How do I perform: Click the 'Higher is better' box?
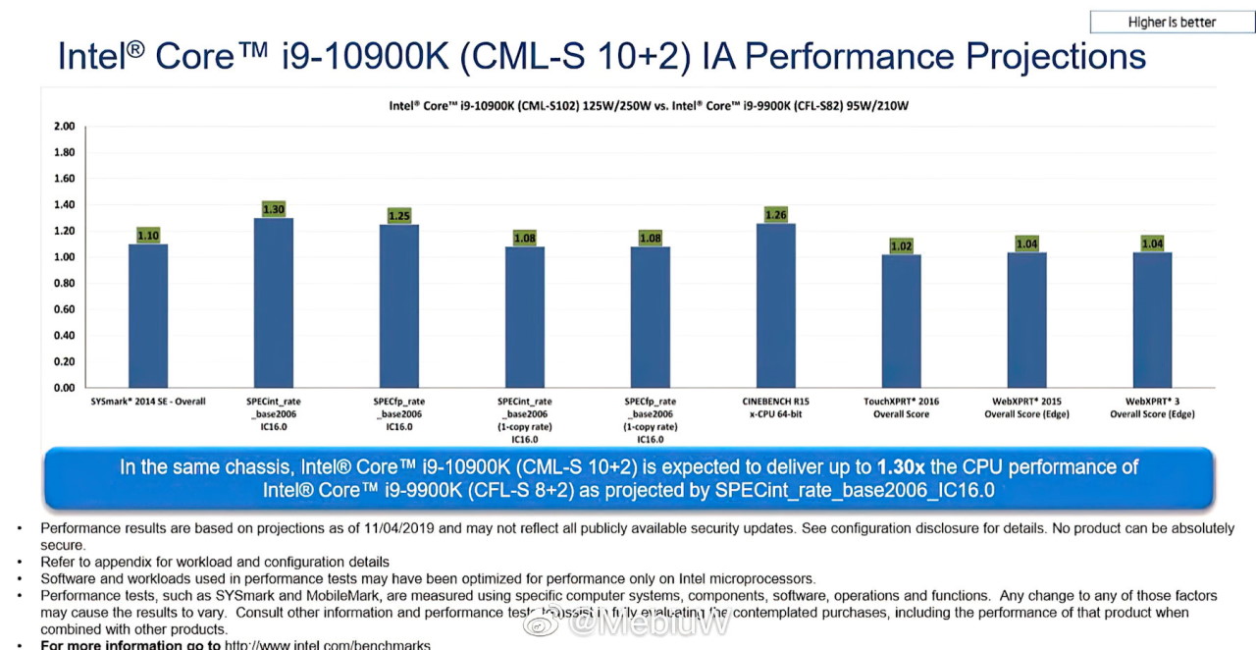1172,22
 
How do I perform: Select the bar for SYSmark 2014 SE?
148,315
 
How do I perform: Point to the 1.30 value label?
274,209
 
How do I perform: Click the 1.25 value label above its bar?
399,215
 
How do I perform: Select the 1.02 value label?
901,245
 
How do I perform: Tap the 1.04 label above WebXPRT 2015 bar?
1026,244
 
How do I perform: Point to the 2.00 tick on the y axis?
64,127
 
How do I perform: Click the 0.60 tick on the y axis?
64,309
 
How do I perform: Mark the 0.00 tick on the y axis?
64,388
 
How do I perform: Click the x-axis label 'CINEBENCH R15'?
775,402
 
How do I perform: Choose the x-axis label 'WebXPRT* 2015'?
1026,402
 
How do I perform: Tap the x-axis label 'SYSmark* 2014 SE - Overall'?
142,402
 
